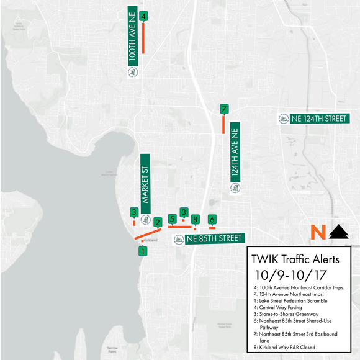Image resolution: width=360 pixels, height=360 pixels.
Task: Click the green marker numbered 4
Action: click(x=143, y=17)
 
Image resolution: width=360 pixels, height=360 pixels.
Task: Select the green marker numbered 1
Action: click(x=143, y=251)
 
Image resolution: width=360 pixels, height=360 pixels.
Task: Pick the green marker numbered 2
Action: click(x=158, y=222)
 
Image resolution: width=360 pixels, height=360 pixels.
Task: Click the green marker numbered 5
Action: click(x=172, y=218)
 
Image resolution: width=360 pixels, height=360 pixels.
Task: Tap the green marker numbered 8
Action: click(x=195, y=220)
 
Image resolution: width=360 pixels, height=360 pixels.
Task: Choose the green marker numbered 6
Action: click(x=212, y=220)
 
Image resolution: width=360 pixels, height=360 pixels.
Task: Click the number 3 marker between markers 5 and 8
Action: click(x=183, y=212)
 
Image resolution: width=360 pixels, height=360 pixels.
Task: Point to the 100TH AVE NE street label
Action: click(x=132, y=37)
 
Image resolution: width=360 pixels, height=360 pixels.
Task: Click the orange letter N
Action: click(x=318, y=233)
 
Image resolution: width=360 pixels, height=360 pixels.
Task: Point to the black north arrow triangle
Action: click(x=338, y=233)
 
